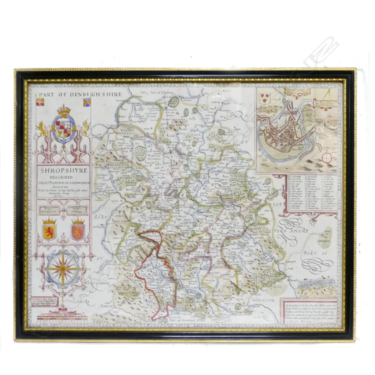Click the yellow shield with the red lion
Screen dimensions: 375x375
(x=49, y=230)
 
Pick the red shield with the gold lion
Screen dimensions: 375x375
(x=78, y=230)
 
